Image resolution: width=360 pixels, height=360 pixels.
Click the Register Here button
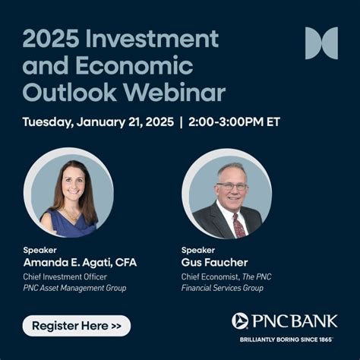tap(76, 326)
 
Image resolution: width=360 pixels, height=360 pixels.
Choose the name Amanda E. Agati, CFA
tap(80, 263)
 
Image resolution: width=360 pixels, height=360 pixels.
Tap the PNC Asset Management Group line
tap(74, 288)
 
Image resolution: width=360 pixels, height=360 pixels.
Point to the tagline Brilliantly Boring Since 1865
tap(287, 339)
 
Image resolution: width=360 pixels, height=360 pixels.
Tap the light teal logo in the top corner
tap(321, 43)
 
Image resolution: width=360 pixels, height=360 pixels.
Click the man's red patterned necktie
tap(239, 224)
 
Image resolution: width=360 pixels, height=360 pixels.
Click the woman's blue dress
tap(68, 225)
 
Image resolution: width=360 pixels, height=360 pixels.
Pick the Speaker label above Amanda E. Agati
tap(38, 250)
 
